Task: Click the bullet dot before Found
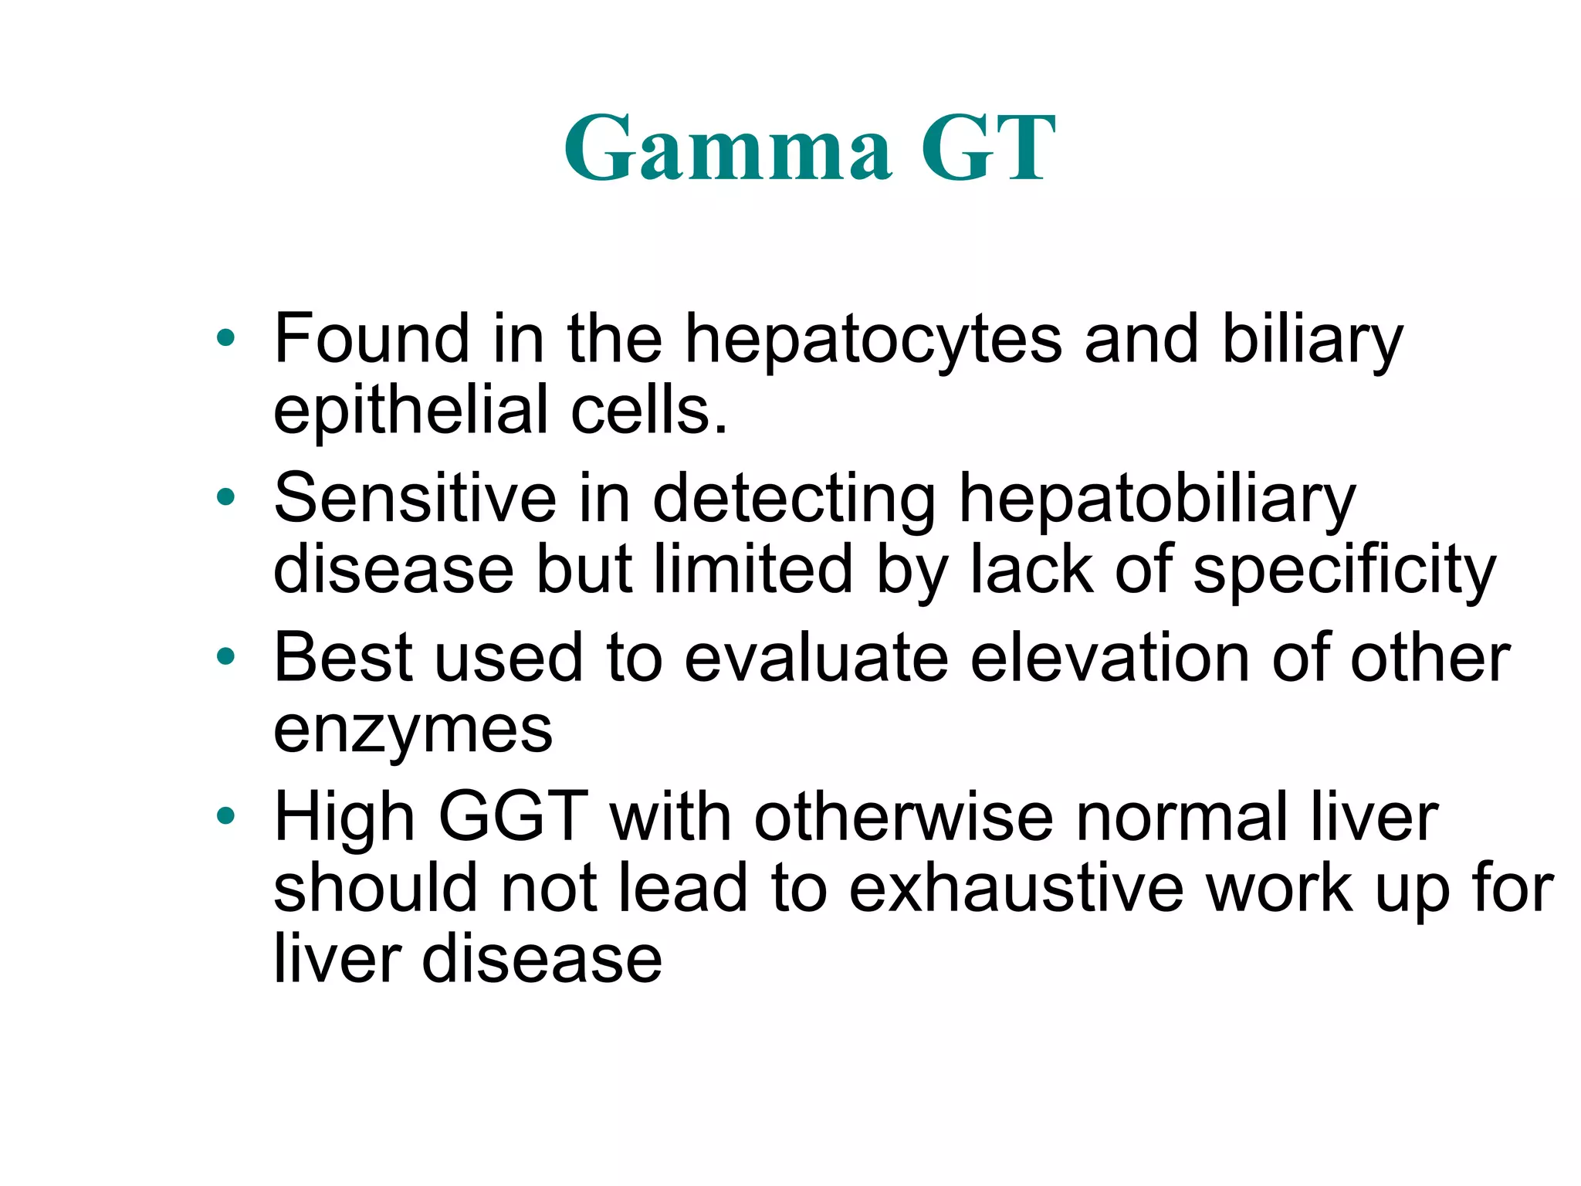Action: [225, 337]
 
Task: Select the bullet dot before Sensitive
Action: [225, 497]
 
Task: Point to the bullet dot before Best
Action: [225, 657]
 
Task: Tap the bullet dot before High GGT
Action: [225, 816]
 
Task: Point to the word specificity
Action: [1344, 571]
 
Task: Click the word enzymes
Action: [413, 731]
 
